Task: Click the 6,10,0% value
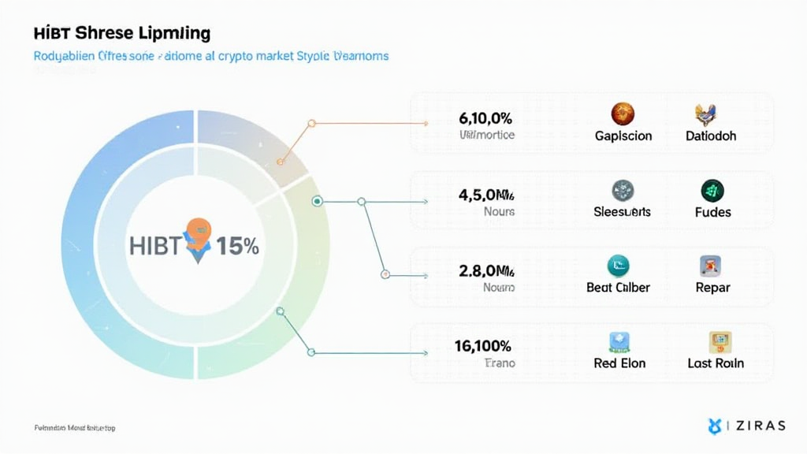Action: (485, 119)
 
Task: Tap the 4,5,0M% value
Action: (485, 195)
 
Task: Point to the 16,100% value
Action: (482, 345)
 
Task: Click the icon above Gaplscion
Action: (623, 113)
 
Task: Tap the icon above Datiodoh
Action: (710, 115)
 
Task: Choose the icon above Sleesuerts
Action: (623, 190)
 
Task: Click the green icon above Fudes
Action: (712, 190)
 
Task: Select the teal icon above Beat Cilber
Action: (618, 266)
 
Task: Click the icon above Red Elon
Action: (619, 341)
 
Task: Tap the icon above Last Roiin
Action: (720, 341)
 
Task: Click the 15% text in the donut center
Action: (237, 246)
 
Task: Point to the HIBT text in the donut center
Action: (155, 246)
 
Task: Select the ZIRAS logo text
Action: (758, 426)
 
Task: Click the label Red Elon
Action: (619, 363)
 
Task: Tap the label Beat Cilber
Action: (619, 288)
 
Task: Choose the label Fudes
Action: (712, 212)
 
